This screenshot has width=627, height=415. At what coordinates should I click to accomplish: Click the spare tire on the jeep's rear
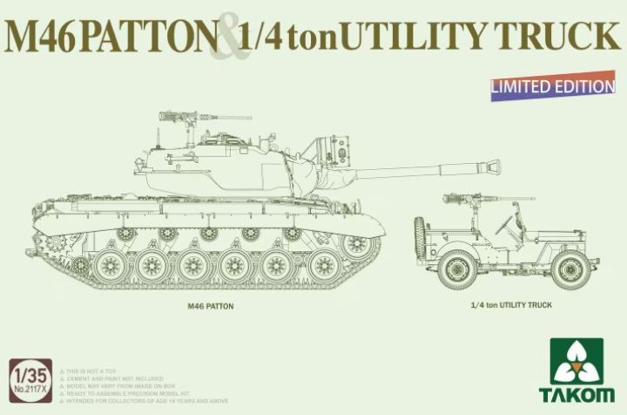pyautogui.click(x=420, y=240)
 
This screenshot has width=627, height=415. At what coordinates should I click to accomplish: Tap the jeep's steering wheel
pyautogui.click(x=504, y=226)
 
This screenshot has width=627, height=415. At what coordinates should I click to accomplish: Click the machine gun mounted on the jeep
pyautogui.click(x=466, y=199)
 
